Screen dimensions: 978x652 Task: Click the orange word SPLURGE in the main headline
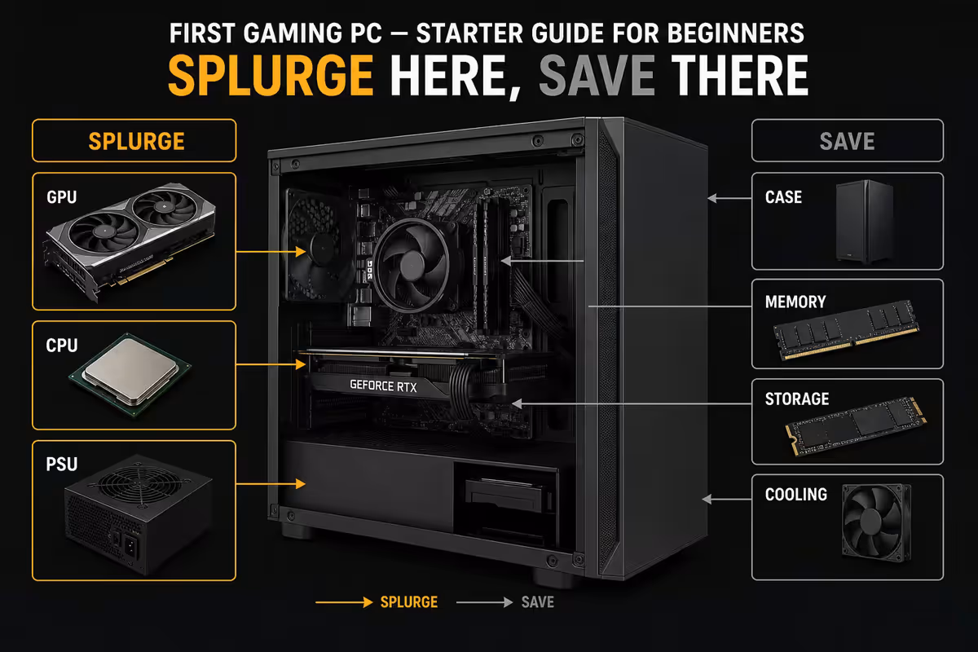point(271,75)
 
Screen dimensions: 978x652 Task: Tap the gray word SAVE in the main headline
point(597,75)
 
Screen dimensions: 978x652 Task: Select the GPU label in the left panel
point(62,197)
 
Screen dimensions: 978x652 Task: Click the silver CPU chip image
point(130,374)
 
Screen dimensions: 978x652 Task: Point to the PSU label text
point(62,465)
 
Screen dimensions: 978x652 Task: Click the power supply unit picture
point(139,514)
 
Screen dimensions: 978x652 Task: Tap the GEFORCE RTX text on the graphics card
point(383,385)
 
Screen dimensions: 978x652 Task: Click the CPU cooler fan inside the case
point(412,265)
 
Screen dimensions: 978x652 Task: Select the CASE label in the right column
point(783,197)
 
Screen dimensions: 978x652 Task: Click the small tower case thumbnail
point(865,222)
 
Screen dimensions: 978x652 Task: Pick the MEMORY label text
point(795,302)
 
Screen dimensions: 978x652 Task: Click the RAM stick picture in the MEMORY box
point(846,330)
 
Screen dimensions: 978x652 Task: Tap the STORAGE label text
point(797,399)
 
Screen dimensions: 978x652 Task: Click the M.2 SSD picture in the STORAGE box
point(856,426)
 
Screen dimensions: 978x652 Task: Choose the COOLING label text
point(796,495)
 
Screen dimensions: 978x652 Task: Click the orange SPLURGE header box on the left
point(134,141)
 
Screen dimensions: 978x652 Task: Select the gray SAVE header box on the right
point(848,141)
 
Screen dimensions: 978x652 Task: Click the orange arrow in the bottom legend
point(344,602)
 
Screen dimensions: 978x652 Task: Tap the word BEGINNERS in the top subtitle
point(736,33)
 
